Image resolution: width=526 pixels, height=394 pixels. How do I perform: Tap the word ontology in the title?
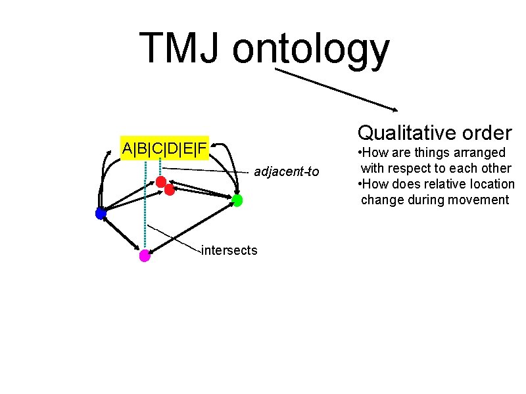[311, 51]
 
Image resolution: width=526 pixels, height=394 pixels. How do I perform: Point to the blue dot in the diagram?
[101, 213]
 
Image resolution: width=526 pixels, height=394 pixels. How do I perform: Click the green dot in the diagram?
[237, 200]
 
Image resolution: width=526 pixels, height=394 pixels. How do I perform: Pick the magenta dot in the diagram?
[145, 256]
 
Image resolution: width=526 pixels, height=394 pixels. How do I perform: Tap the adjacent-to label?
[286, 172]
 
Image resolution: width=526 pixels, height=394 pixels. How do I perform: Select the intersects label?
[229, 250]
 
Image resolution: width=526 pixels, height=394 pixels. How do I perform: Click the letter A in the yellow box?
[128, 148]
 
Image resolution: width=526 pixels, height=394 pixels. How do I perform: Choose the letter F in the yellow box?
[202, 148]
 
